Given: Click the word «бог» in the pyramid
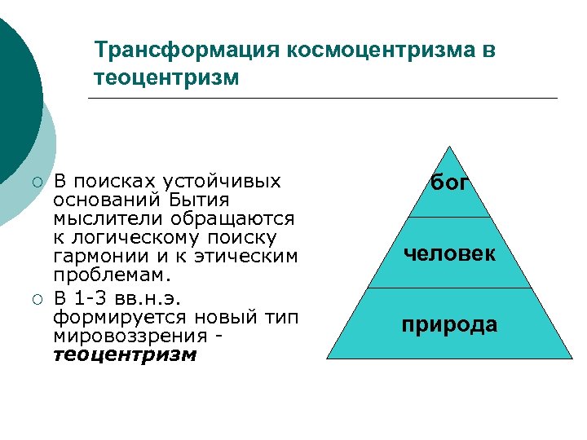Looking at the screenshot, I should (x=449, y=184).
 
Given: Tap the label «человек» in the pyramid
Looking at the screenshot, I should (x=449, y=253).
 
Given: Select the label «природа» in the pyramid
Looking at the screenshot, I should (x=449, y=324).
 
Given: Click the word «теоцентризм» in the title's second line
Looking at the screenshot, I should (x=166, y=78).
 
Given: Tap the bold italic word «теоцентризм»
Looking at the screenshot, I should (x=125, y=355).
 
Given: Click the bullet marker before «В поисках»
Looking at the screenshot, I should (x=36, y=181).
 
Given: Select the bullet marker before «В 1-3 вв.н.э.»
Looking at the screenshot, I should (x=36, y=298).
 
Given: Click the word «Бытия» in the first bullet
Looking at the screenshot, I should (x=200, y=200).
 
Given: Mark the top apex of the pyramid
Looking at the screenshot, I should (x=449, y=147).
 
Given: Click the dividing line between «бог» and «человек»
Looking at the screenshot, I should (x=449, y=217).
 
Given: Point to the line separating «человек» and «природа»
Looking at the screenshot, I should (x=449, y=288).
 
